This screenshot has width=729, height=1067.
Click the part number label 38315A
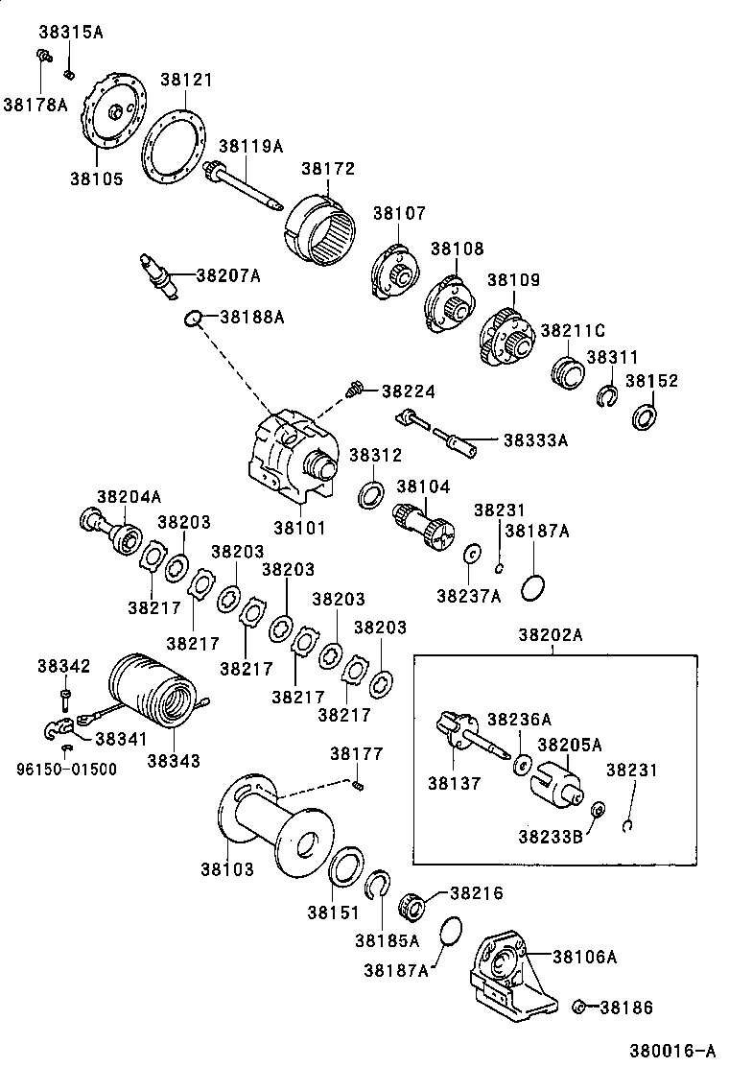click(70, 32)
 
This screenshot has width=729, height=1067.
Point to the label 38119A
click(251, 146)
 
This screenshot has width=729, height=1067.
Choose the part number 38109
click(513, 280)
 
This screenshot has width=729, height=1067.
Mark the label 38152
click(651, 381)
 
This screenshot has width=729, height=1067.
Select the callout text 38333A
click(536, 440)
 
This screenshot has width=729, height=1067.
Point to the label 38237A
click(469, 596)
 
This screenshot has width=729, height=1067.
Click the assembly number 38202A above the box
click(553, 634)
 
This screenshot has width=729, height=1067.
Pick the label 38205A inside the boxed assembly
click(569, 745)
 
